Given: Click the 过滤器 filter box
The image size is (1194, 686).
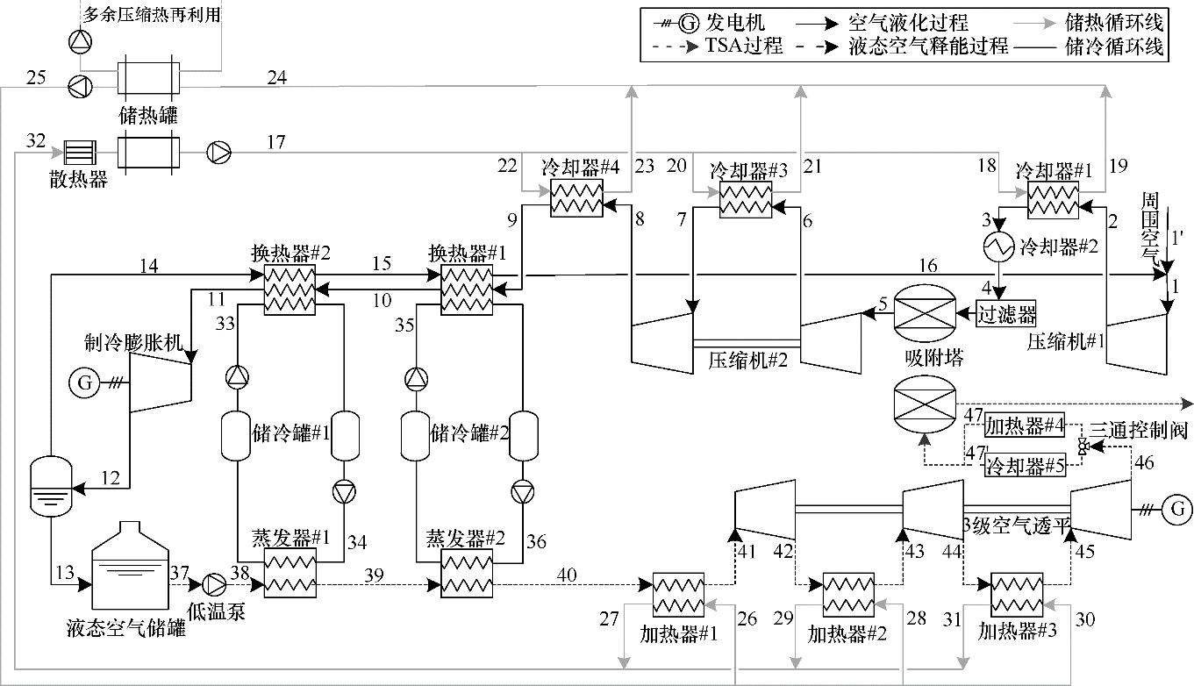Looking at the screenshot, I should [x=1007, y=313].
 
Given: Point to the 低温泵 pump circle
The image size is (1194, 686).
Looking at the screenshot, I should [x=215, y=582].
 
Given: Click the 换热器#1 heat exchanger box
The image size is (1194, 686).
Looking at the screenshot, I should [x=466, y=288].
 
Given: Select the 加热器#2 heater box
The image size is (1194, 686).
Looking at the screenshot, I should [x=847, y=598].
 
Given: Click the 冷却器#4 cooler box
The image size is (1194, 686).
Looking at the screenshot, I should [x=576, y=201].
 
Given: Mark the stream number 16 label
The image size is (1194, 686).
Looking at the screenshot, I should [x=928, y=265].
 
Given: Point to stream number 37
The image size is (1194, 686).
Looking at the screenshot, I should [x=180, y=571].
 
